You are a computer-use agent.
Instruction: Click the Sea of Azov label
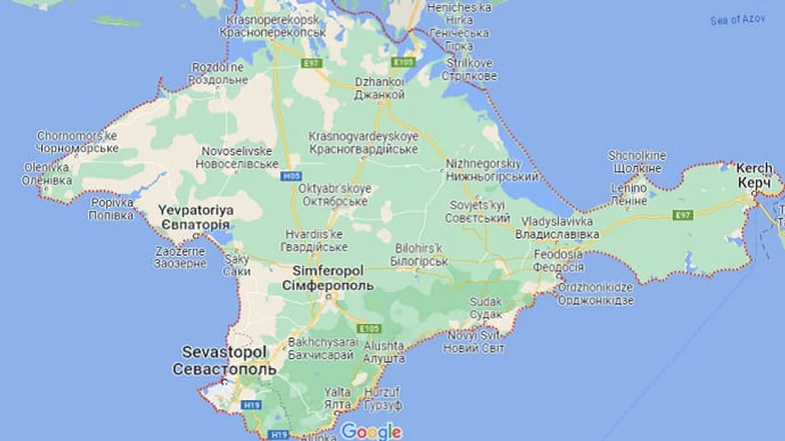pos(737,19)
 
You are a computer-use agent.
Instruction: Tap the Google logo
pos(372,431)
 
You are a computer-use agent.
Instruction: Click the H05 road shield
pos(292,176)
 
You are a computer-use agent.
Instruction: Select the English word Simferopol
pos(328,272)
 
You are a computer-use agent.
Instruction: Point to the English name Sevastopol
pos(224,352)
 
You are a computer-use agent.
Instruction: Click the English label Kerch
pos(754,168)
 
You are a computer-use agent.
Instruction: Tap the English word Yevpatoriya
pos(195,210)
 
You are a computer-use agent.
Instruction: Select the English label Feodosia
pos(558,254)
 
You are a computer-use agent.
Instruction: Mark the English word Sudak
pos(486,301)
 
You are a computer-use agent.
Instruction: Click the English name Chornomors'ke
pos(77,135)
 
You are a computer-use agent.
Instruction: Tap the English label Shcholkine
pos(637,155)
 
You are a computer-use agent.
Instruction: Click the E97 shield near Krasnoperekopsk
pos(311,64)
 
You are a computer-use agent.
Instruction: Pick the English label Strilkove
pos(470,63)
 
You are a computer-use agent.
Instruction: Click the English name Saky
pos(236,258)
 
